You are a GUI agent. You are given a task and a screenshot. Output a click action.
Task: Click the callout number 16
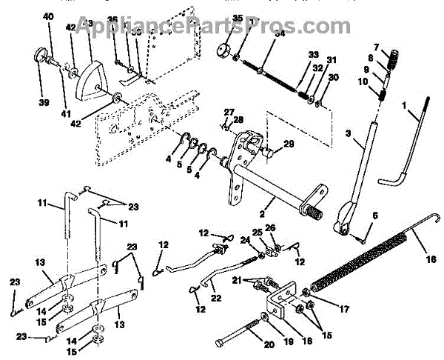click(431, 261)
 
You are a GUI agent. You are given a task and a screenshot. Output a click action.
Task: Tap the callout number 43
click(90, 24)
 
